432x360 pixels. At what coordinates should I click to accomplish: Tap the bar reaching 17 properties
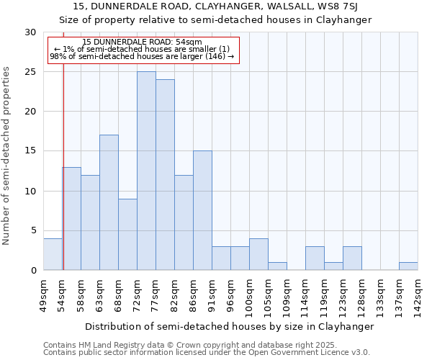(109, 202)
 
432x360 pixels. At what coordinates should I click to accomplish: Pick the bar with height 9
(127, 234)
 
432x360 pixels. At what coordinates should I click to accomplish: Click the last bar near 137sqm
(408, 266)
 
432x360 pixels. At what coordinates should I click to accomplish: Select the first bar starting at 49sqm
(53, 254)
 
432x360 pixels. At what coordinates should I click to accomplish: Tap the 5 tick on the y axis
(32, 230)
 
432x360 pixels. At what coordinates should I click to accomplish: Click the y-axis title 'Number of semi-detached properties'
(7, 156)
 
